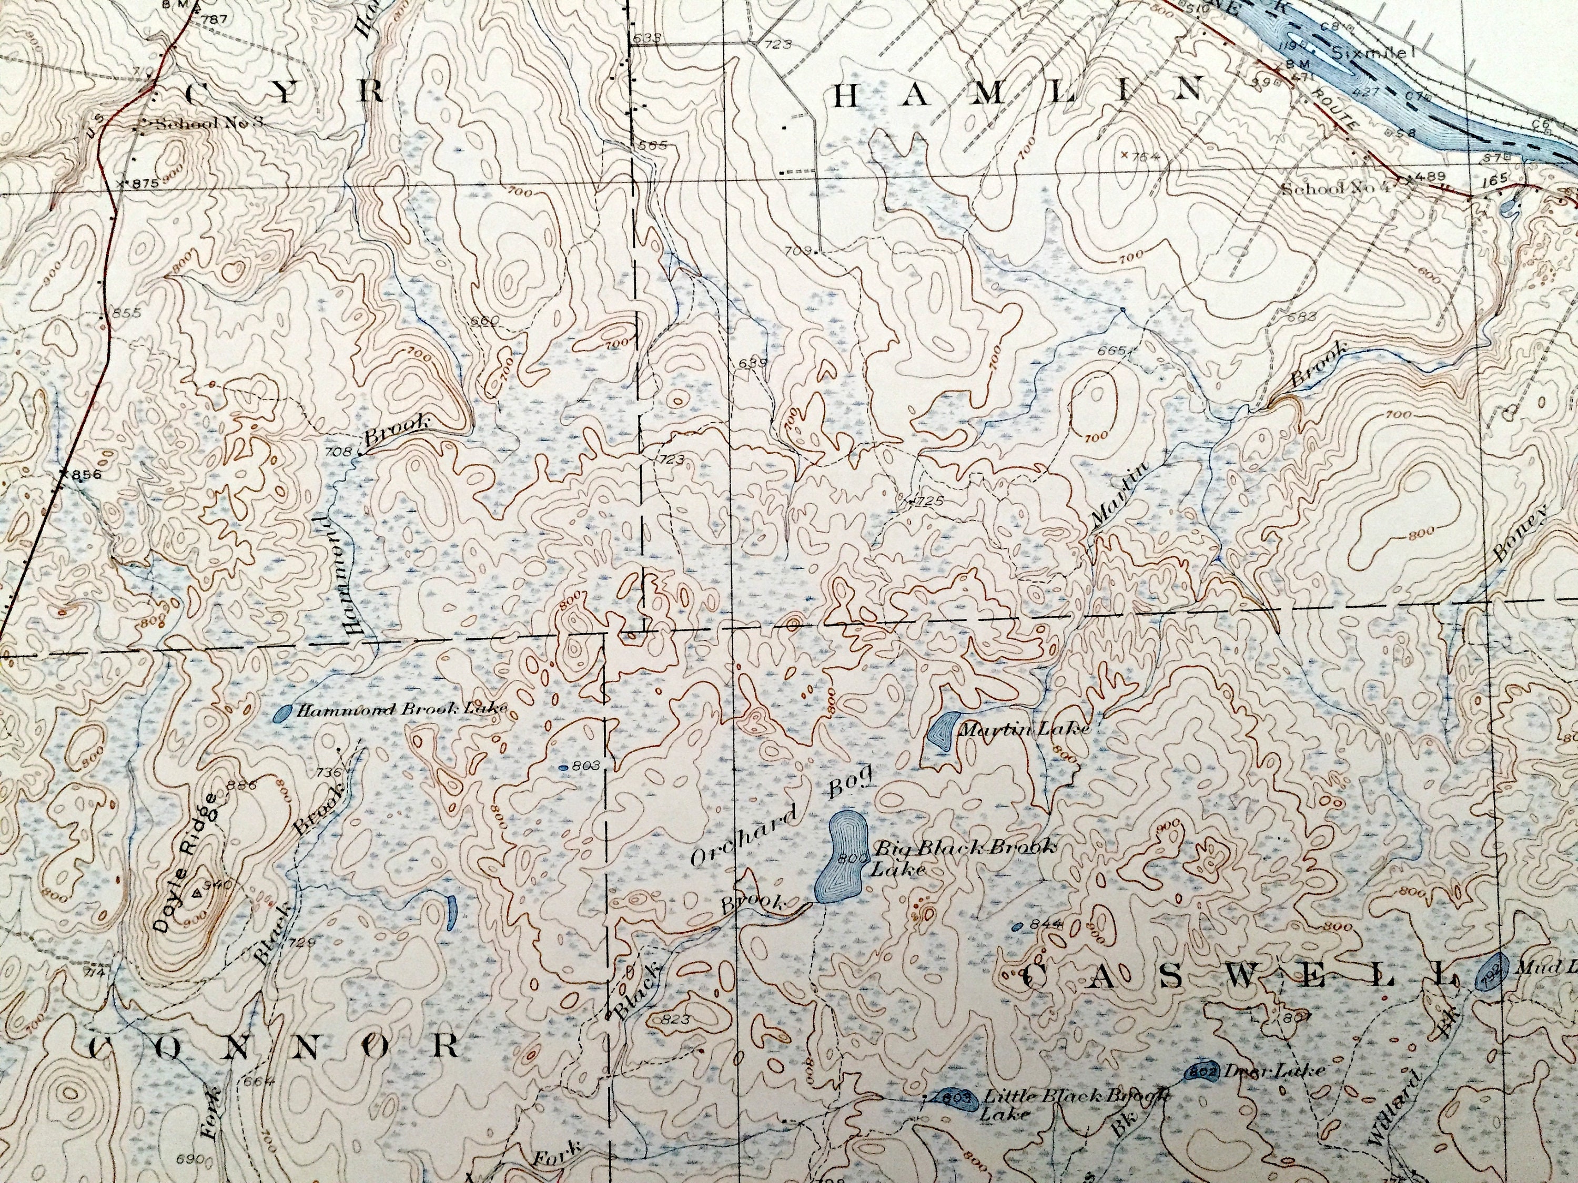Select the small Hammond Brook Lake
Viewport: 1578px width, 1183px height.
click(283, 712)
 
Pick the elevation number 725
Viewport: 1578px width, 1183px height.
click(929, 501)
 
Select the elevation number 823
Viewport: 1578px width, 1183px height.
click(675, 1019)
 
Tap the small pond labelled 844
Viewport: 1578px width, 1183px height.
click(1018, 925)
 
